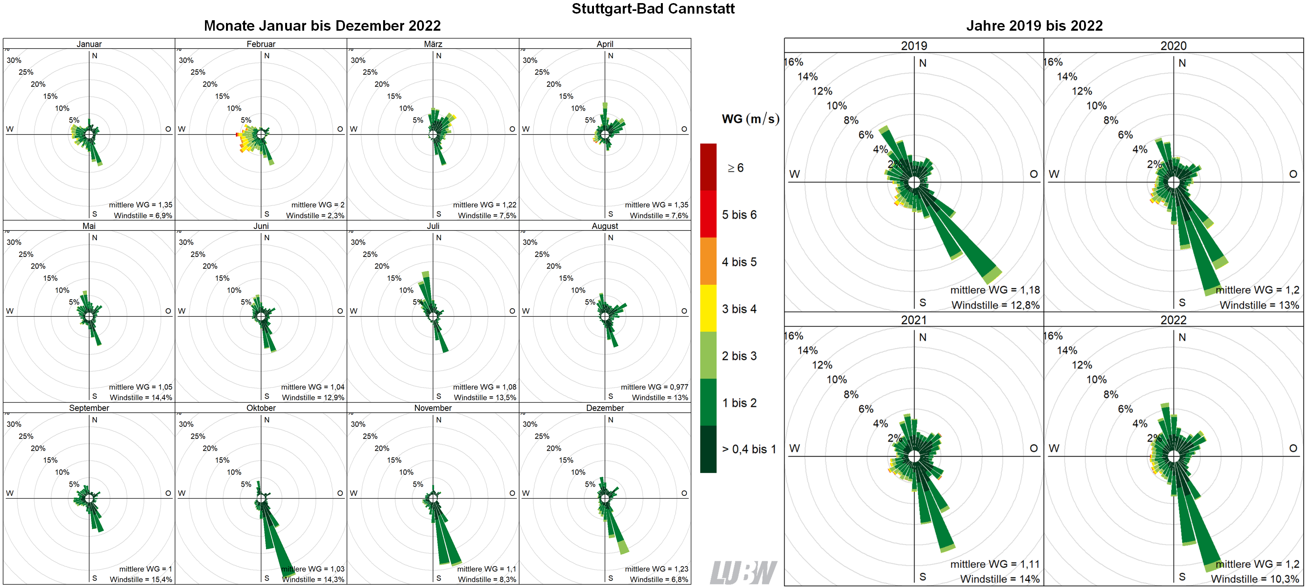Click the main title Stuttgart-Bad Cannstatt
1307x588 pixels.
coord(653,9)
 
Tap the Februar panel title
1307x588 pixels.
coord(261,44)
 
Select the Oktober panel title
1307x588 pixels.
coord(261,408)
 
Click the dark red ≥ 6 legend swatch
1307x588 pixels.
coord(708,167)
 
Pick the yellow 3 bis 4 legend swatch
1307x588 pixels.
coord(708,308)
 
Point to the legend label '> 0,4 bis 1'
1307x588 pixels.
coord(749,449)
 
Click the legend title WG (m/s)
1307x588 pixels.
coord(750,119)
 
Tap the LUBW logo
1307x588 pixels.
coord(743,573)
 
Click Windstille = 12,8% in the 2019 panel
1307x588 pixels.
coord(995,305)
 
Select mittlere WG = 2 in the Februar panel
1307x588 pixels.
coord(318,205)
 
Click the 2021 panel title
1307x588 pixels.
coord(913,320)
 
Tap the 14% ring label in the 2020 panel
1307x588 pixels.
coord(1067,77)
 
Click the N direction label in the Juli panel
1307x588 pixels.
coord(439,238)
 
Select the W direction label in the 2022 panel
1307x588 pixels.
coord(1054,448)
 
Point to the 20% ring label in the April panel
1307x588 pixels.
coord(554,84)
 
